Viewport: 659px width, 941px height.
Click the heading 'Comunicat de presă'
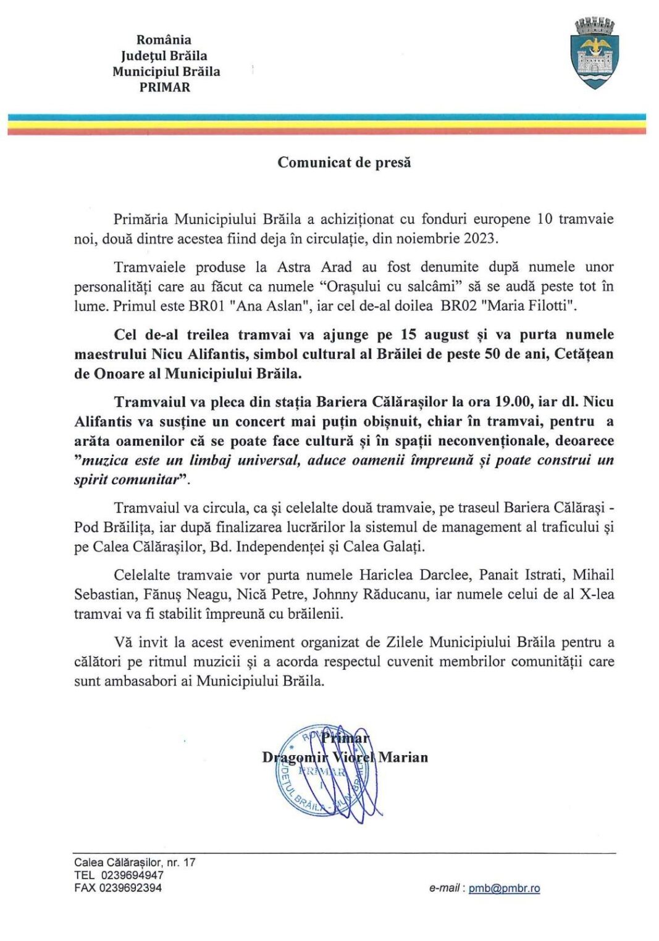344,162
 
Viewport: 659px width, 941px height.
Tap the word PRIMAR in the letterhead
165,88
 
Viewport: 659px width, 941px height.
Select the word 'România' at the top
164,40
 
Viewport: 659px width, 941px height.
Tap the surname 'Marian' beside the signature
403,758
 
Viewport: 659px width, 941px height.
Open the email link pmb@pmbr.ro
504,889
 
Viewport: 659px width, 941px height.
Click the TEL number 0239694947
132,876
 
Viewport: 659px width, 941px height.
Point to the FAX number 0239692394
132,889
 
